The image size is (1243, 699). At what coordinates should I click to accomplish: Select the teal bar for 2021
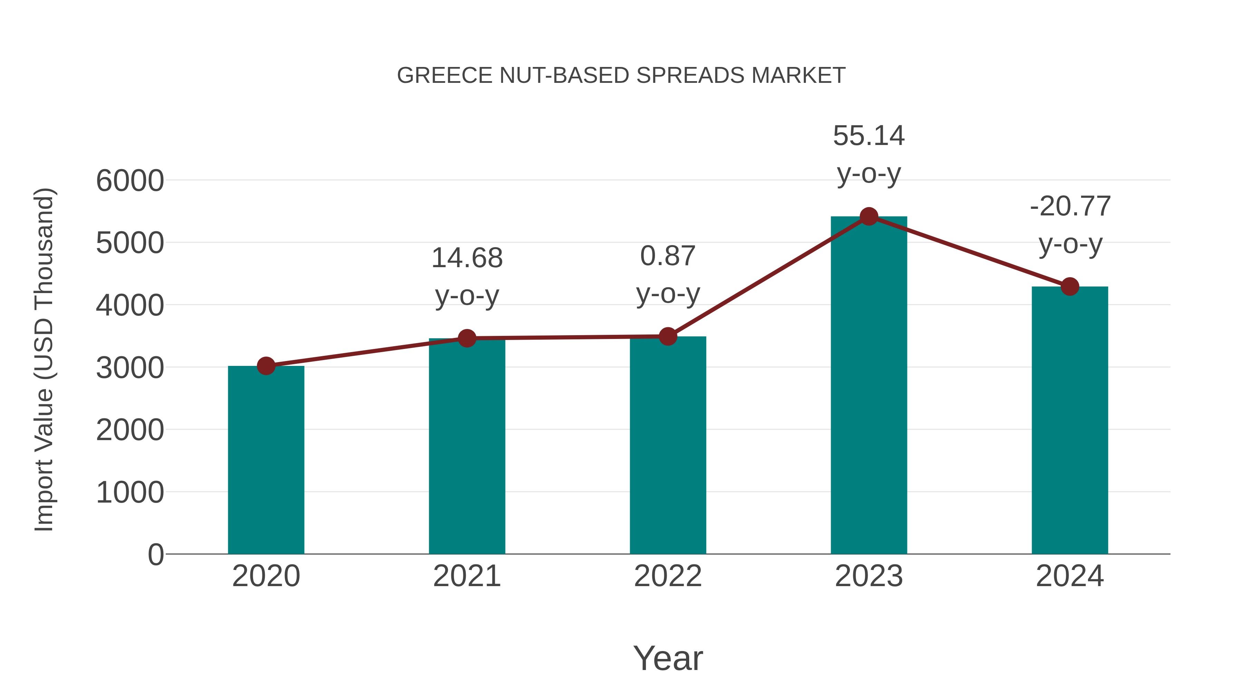(x=466, y=446)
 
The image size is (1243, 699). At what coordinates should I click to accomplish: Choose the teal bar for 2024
(x=1070, y=420)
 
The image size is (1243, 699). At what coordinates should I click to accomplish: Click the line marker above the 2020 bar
(x=266, y=366)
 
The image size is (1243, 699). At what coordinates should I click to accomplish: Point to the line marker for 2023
(x=869, y=216)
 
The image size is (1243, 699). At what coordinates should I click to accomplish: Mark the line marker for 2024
(x=1070, y=287)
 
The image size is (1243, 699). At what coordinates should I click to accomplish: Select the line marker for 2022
(x=668, y=336)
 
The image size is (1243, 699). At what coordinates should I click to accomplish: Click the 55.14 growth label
(x=869, y=136)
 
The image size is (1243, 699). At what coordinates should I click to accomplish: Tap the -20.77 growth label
(x=1070, y=206)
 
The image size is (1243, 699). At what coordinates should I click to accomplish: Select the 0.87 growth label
(x=668, y=256)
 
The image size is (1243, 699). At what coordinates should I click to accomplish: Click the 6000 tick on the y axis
(x=130, y=181)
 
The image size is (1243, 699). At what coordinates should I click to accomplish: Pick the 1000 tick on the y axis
(x=130, y=493)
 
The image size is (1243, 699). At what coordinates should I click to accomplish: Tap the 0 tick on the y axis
(x=155, y=554)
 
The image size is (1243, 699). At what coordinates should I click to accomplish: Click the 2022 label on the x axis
(x=668, y=576)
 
